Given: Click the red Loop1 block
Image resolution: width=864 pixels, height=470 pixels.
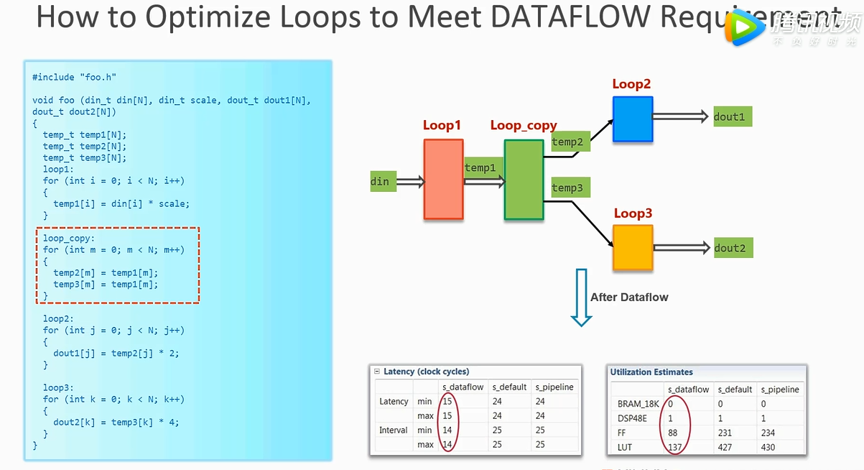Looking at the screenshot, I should [443, 179].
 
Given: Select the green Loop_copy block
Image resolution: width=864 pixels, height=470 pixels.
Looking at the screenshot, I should [524, 179].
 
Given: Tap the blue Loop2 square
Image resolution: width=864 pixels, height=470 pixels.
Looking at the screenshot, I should [633, 119].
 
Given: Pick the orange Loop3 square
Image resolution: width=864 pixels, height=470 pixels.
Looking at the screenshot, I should [633, 248].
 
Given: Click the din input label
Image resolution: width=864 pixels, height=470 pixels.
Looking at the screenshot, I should [380, 181].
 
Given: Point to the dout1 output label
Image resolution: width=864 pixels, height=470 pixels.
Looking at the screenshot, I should [729, 116].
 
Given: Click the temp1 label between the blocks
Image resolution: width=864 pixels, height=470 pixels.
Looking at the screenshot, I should [480, 168].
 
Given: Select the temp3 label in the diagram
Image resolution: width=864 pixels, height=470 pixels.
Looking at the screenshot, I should [567, 188].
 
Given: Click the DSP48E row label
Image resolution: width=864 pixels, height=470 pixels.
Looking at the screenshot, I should [632, 418].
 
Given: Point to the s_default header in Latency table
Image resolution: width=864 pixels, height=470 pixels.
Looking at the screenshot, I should [508, 387].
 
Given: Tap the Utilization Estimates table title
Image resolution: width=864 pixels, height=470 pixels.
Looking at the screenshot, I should [651, 372].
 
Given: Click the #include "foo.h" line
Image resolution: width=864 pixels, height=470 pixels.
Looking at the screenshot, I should [74, 77].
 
